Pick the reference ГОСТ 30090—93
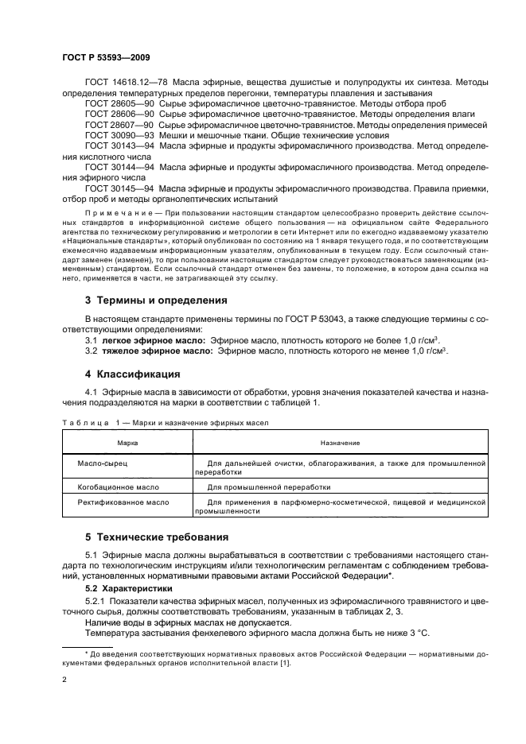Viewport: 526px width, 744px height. click(112, 135)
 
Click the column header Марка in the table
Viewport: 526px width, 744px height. click(127, 442)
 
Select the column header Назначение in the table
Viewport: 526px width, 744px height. click(340, 442)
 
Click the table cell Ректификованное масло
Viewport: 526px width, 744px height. click(123, 502)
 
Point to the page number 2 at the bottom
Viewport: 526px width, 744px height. click(64, 680)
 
